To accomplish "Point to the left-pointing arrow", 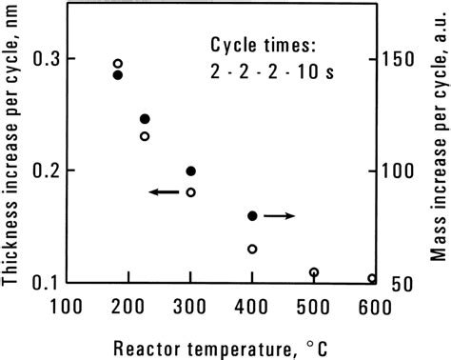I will tap(164, 192).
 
